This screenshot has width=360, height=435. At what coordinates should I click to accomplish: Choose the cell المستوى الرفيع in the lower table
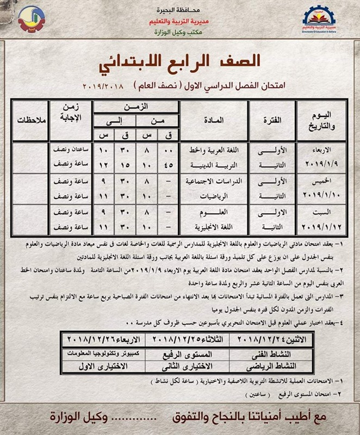(x=185, y=353)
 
